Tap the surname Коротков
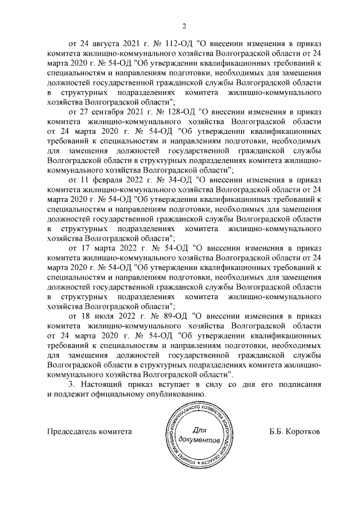[304, 432]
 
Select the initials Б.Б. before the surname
[277, 432]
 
